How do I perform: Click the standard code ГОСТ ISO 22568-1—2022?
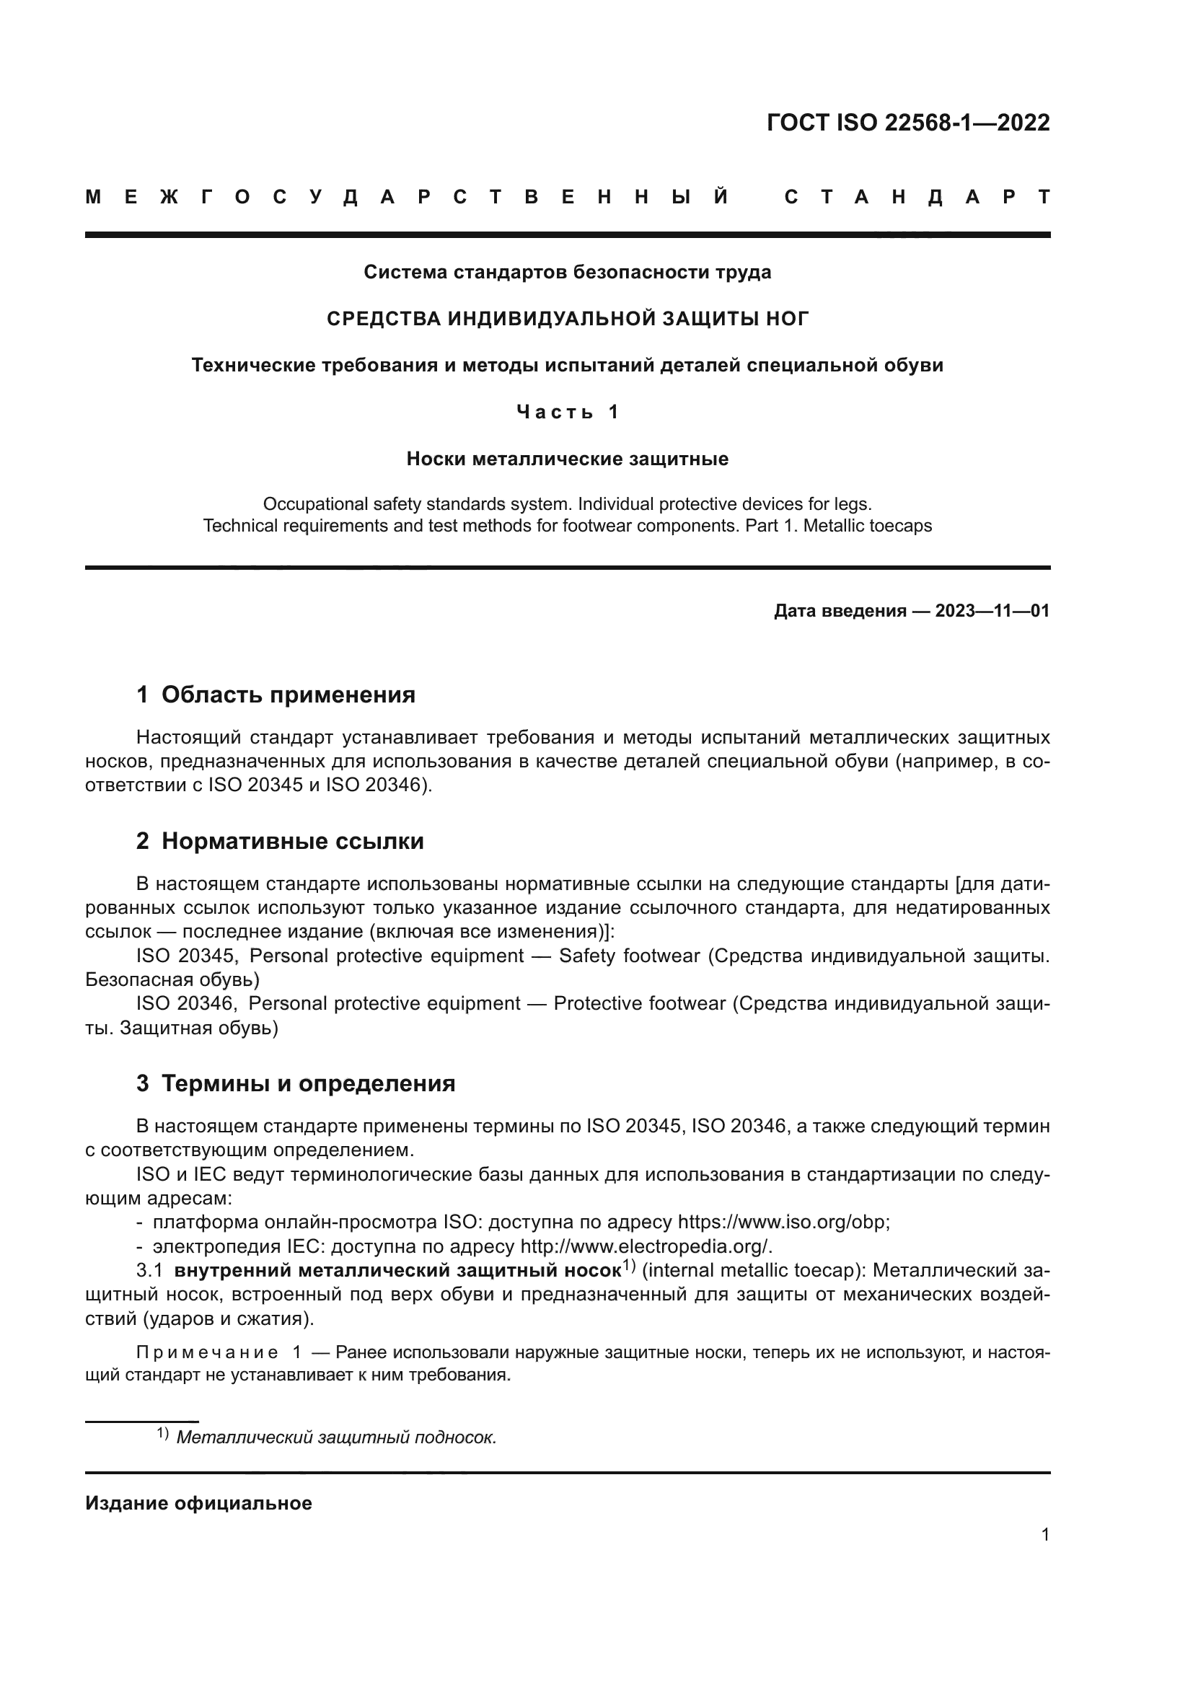point(908,122)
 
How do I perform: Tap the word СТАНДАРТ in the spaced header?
point(917,197)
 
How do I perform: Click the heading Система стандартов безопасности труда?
point(567,272)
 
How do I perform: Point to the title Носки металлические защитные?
point(567,459)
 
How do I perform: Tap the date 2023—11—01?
point(992,611)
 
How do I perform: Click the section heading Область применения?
point(288,695)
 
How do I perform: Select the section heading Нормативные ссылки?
point(292,840)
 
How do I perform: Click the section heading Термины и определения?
point(308,1083)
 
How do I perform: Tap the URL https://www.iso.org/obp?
point(783,1222)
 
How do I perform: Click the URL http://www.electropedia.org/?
point(646,1246)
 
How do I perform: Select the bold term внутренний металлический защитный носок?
point(397,1270)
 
